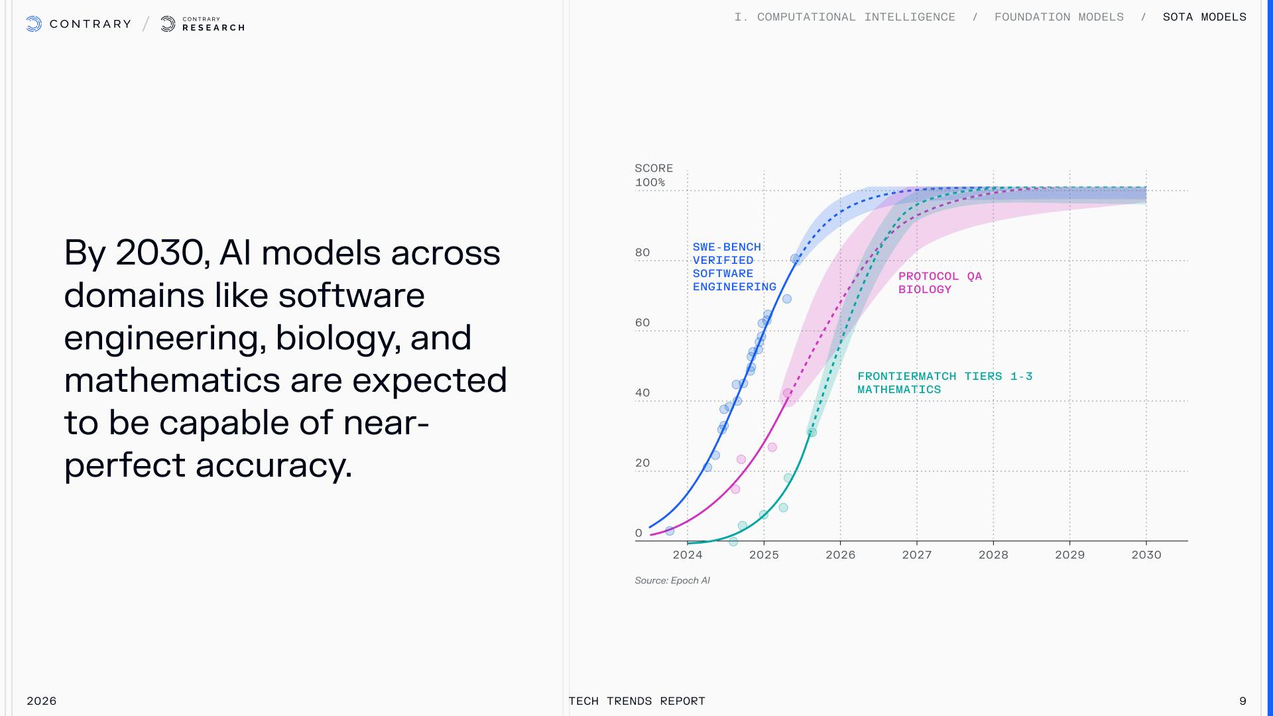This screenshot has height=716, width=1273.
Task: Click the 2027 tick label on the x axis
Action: point(916,555)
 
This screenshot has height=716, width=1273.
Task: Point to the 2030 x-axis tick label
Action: point(1146,555)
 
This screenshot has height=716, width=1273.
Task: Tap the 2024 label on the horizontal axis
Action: point(688,555)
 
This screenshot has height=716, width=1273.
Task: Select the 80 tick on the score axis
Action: point(642,253)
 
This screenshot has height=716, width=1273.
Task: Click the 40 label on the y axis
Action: point(642,392)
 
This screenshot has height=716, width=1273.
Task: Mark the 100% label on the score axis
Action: point(650,182)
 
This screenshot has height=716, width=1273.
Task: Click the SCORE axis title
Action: point(654,168)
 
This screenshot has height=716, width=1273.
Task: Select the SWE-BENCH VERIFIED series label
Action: point(727,253)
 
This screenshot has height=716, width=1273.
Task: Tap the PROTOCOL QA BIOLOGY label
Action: point(940,282)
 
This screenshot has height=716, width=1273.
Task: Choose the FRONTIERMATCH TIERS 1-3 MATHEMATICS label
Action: point(945,383)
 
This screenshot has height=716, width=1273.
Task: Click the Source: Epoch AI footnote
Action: point(672,580)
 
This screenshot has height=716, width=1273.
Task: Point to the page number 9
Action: point(1243,701)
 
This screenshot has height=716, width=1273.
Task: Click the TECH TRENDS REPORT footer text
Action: point(636,701)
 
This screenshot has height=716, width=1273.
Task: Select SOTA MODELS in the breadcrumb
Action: point(1204,17)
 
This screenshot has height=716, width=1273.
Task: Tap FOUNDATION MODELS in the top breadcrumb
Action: point(1059,17)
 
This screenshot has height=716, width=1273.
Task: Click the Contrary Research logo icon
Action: point(168,25)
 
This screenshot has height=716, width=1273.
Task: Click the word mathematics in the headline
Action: point(172,381)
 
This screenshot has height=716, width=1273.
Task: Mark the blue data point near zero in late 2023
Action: point(670,531)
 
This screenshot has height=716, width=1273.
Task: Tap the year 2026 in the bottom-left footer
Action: point(41,701)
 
